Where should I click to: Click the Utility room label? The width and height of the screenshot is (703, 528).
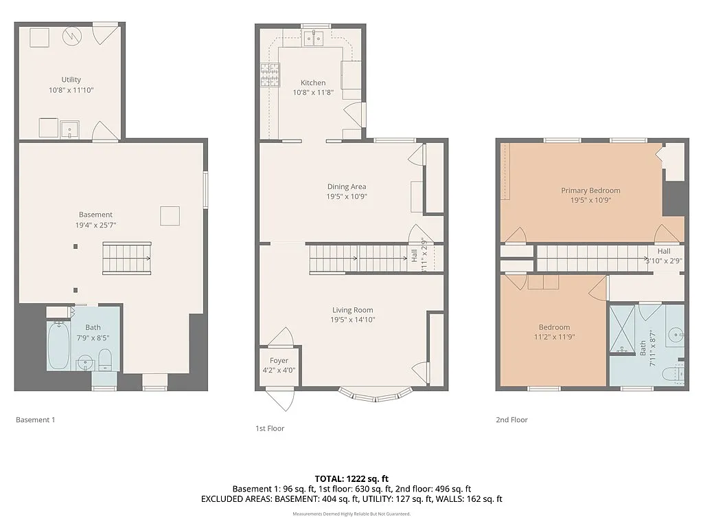(x=71, y=80)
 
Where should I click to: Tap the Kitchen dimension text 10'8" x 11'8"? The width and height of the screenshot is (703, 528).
(x=313, y=92)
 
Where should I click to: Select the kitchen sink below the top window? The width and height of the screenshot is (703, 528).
(x=314, y=38)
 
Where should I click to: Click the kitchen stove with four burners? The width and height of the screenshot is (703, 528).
(x=268, y=74)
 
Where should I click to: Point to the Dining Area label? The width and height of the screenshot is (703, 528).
(x=346, y=186)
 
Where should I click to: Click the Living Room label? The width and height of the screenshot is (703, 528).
(x=353, y=310)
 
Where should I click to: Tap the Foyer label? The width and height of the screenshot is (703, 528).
(x=279, y=360)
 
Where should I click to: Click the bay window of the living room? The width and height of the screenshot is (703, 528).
(x=376, y=395)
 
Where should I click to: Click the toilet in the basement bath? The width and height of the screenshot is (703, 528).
(x=105, y=358)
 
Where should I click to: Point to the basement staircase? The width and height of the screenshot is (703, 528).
(x=126, y=258)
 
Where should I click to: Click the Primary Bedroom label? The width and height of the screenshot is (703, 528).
(x=590, y=190)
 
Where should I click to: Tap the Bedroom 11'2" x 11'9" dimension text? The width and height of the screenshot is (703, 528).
(x=553, y=337)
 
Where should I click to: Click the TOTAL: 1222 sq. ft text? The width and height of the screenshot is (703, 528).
(x=351, y=478)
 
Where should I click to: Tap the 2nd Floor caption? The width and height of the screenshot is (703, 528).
(x=511, y=419)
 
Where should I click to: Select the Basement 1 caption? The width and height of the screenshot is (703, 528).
(x=35, y=419)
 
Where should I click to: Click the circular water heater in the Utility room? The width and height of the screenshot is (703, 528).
(x=72, y=35)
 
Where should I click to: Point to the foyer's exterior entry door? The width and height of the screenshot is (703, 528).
(x=279, y=399)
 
